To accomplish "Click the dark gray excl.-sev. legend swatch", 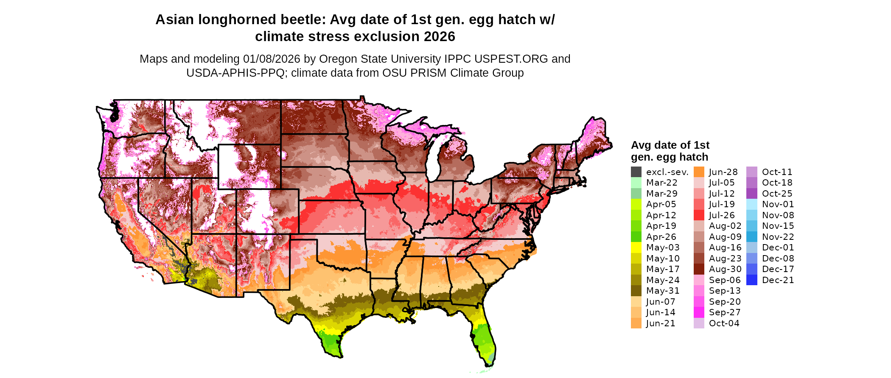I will click(x=636, y=172).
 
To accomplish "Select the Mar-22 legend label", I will click(x=661, y=183).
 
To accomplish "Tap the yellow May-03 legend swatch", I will click(x=636, y=247).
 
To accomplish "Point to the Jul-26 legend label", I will click(x=722, y=215).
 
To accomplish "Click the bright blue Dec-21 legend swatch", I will click(x=751, y=280).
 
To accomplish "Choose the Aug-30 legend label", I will click(x=725, y=269).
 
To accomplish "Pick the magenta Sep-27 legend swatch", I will click(x=699, y=312).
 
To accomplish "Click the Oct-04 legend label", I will click(x=724, y=323).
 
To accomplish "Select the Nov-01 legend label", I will click(x=778, y=204).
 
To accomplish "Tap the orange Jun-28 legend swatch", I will click(x=699, y=172).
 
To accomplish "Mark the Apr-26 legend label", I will click(x=661, y=237).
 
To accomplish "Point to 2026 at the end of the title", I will click(x=439, y=37).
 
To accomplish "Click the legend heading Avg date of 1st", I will click(x=670, y=145).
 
